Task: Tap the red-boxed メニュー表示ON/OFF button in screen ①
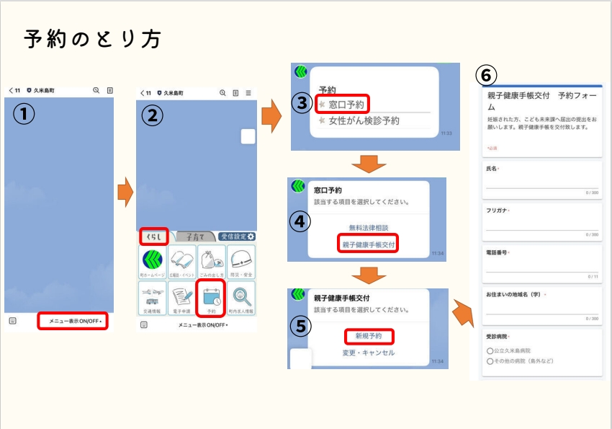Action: [73, 320]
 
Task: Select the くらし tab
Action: [153, 236]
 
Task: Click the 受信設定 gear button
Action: [237, 236]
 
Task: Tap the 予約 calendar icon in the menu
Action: [211, 297]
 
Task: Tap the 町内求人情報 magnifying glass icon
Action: [240, 297]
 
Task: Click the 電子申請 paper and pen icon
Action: [181, 297]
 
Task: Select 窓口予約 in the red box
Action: [345, 105]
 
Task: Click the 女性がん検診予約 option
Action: [364, 121]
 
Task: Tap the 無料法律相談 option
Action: [369, 227]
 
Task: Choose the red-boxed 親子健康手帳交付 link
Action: [369, 244]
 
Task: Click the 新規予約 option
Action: [369, 336]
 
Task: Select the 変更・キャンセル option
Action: [369, 353]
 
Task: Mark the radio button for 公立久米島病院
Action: [490, 350]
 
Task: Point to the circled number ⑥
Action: [487, 75]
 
